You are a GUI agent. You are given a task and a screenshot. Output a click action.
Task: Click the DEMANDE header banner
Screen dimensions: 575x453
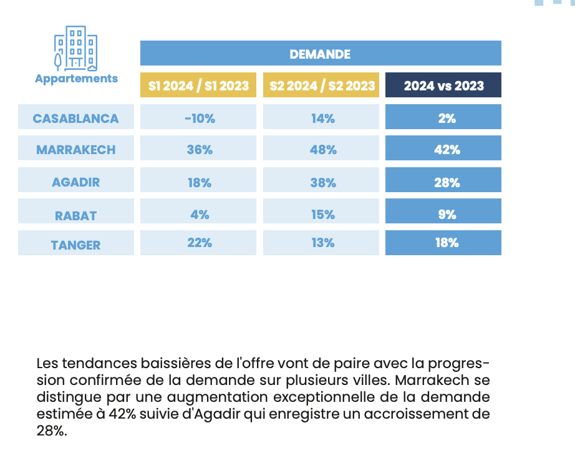click(321, 53)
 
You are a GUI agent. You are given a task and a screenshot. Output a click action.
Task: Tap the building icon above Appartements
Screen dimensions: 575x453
click(76, 49)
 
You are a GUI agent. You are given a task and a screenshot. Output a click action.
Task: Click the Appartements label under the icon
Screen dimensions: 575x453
click(76, 79)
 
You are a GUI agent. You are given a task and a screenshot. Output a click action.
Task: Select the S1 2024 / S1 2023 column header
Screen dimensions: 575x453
click(198, 85)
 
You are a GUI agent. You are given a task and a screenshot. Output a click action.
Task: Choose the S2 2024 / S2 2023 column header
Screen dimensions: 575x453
click(321, 85)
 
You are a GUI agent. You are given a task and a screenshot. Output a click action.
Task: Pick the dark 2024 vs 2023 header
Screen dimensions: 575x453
click(443, 85)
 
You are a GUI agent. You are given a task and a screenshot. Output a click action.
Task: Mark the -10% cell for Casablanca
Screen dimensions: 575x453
click(198, 117)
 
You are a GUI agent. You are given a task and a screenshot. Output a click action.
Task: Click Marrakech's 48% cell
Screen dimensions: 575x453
click(321, 148)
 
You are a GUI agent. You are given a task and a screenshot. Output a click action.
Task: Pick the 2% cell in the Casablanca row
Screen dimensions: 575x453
click(443, 117)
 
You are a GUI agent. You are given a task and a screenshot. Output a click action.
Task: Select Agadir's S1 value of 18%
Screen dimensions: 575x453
click(198, 180)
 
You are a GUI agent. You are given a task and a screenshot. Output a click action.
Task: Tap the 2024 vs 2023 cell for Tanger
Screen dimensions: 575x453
click(443, 243)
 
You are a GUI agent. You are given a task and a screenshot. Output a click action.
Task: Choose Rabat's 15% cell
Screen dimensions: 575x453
click(321, 212)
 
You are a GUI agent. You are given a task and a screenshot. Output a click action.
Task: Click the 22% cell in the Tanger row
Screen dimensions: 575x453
click(198, 243)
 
